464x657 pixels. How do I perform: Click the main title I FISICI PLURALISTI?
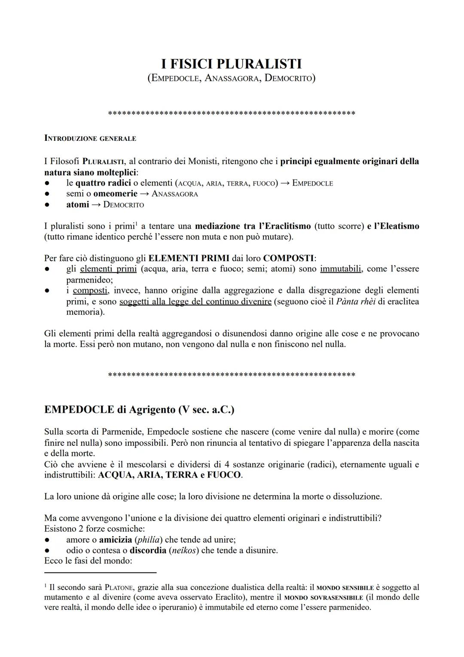[231, 64]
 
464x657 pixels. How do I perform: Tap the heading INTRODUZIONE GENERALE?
[90, 138]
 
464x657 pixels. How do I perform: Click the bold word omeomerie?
[115, 194]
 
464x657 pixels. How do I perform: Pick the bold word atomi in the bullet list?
[77, 204]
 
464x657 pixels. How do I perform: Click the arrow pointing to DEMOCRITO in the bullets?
[96, 205]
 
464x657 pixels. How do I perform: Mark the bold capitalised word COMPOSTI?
[288, 258]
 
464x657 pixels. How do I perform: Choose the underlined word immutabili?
[341, 269]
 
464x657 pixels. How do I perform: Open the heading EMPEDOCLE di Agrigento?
[139, 409]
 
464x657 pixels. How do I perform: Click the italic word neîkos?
[183, 550]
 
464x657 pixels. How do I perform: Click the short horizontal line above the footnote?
[100, 572]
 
